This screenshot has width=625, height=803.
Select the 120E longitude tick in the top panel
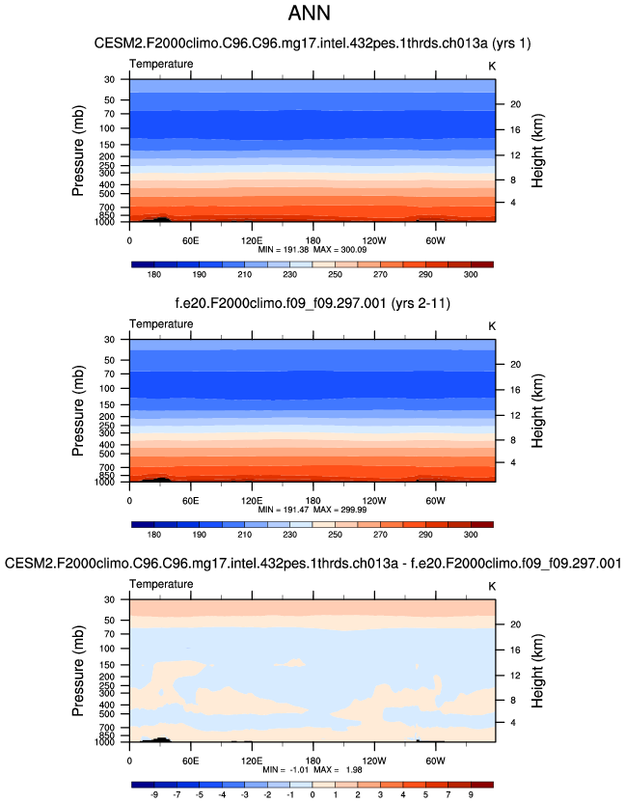pos(251,239)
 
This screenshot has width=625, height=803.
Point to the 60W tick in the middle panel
pos(434,500)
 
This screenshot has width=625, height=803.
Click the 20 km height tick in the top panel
pos(515,103)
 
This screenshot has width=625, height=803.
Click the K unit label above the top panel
pos(491,64)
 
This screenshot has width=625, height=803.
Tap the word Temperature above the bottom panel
pos(161,585)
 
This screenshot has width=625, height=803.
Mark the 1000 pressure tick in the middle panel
pos(104,482)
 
